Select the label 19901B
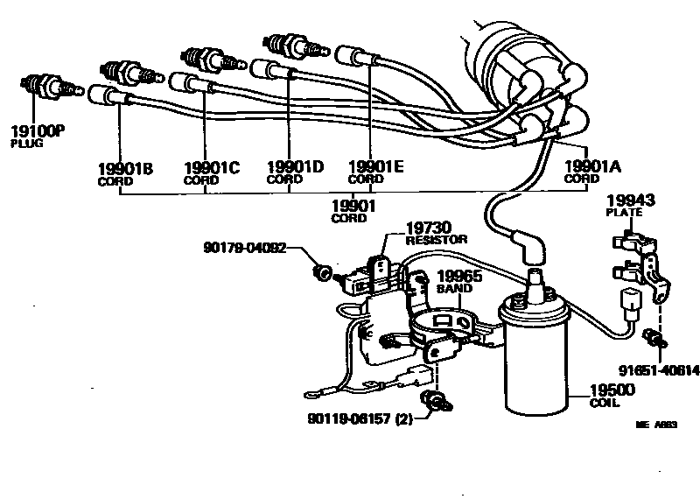[x=125, y=168]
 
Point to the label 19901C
[x=211, y=168]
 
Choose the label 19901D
[x=295, y=167]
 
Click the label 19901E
[x=375, y=167]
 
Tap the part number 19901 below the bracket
[x=353, y=206]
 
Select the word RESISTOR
[x=437, y=239]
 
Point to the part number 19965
[x=459, y=274]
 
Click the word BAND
[x=453, y=286]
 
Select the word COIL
[x=604, y=404]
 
